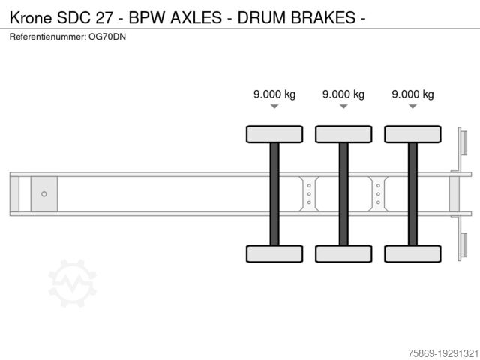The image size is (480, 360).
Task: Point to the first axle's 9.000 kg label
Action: click(274, 94)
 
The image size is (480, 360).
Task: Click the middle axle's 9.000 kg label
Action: click(343, 94)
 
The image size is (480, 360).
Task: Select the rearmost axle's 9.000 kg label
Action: click(412, 94)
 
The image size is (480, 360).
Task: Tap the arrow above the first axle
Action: click(274, 106)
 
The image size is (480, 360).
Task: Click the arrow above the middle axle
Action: click(343, 106)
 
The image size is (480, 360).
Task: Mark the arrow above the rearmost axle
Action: click(412, 106)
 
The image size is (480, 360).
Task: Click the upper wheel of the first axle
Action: click(274, 134)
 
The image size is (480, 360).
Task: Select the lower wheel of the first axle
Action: click(274, 253)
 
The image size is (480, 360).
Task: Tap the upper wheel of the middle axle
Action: click(343, 134)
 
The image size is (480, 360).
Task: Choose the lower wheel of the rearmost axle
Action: click(412, 253)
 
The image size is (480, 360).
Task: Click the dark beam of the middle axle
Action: click(343, 193)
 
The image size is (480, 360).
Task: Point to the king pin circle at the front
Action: click(44, 194)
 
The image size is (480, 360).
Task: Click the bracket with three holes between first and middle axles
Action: click(309, 194)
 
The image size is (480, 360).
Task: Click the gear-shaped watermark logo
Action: click(72, 283)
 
